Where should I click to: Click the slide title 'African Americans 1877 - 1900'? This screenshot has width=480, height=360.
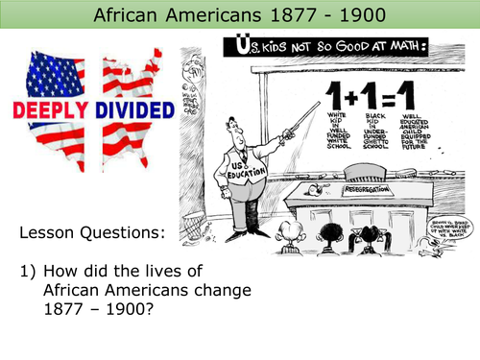(239, 14)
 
